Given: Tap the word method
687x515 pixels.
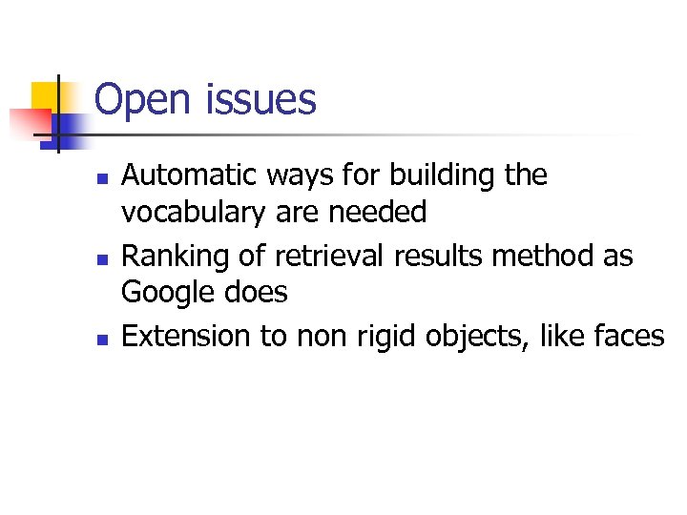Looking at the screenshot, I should click(543, 257).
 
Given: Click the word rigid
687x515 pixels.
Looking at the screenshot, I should click(388, 337).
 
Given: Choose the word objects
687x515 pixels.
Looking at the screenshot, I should click(483, 337).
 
